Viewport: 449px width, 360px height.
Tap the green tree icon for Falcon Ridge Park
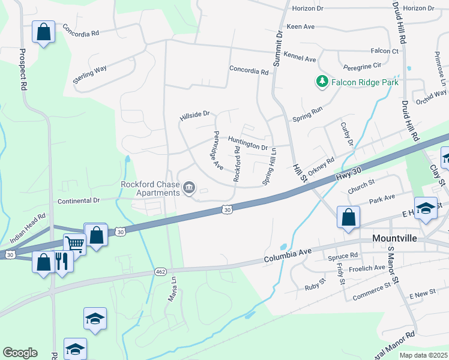pos(322,81)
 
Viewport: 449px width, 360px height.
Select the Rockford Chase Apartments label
pos(150,188)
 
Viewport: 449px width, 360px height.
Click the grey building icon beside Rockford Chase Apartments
pos(189,188)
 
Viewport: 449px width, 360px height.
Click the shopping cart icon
pos(75,244)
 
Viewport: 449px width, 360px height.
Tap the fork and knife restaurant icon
pos(61,261)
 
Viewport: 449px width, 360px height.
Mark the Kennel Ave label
pos(301,59)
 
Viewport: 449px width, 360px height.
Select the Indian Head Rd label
pos(28,227)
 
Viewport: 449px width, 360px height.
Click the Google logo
pos(20,353)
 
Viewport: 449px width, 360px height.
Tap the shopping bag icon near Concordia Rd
pos(44,32)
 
